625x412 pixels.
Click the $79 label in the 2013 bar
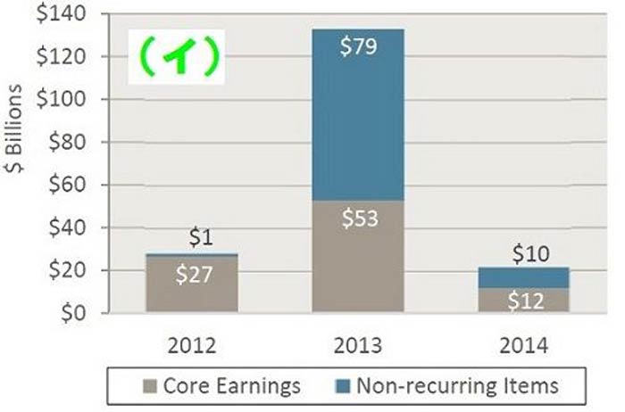[358, 47]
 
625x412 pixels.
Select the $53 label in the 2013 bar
[358, 219]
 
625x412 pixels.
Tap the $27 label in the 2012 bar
[194, 275]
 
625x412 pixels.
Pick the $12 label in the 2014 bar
[525, 301]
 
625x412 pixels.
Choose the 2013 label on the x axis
[358, 345]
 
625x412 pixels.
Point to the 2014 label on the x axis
[524, 345]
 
